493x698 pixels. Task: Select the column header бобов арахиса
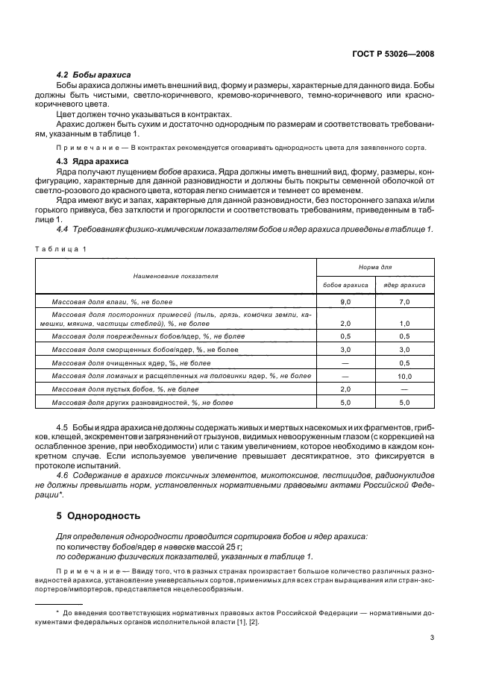(345, 284)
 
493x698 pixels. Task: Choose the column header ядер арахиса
(405, 284)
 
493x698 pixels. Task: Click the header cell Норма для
(375, 265)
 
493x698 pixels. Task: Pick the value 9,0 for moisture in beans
(345, 301)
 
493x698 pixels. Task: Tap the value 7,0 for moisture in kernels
(405, 301)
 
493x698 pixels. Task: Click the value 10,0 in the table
(405, 377)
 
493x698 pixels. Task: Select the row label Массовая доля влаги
(112, 301)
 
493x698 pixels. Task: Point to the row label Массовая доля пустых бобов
(125, 389)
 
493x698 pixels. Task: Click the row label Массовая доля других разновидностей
(142, 403)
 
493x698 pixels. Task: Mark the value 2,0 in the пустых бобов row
(345, 389)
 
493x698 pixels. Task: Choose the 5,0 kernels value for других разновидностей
(405, 403)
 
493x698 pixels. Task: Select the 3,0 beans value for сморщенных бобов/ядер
(345, 350)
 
